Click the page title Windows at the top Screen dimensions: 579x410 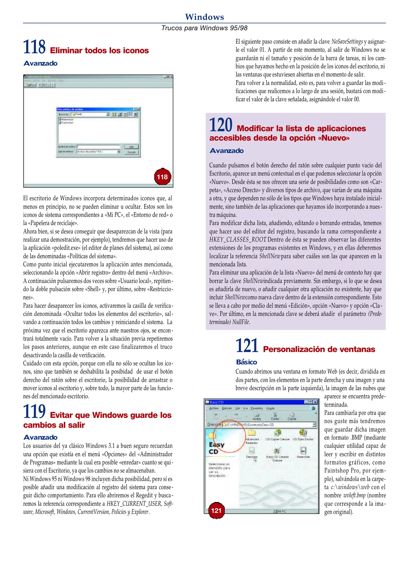[204, 17]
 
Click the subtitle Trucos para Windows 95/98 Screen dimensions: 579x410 [204, 28]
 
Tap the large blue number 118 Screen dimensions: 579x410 [34, 47]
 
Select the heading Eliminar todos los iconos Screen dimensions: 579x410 [99, 50]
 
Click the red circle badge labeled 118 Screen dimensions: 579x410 [162, 177]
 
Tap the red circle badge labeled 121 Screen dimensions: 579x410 [216, 510]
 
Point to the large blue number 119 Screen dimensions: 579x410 [34, 411]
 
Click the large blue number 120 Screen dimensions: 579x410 [221, 125]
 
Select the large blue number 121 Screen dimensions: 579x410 [247, 346]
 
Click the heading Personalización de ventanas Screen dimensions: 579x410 [319, 349]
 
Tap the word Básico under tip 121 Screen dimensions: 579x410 [246, 362]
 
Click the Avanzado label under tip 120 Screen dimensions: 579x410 [227, 151]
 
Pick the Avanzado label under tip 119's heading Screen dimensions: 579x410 [40, 437]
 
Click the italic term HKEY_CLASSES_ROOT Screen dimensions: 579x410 [238, 240]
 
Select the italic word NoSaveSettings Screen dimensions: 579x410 [347, 42]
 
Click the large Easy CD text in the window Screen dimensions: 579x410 [216, 448]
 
